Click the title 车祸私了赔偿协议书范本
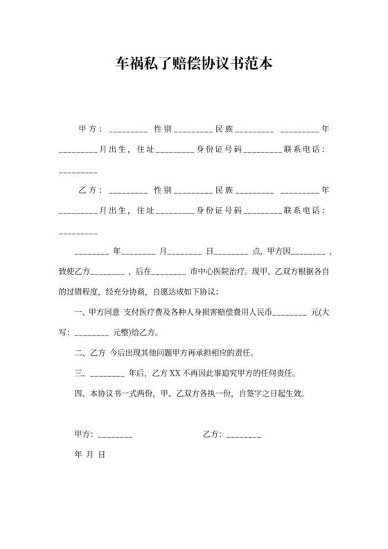[193, 64]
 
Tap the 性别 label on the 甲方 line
[162, 129]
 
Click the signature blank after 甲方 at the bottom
[115, 436]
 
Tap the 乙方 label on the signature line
[211, 435]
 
